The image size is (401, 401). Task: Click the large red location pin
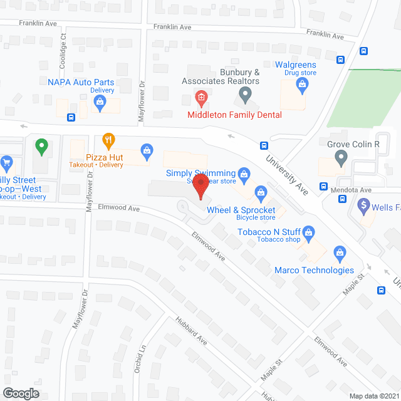pyautogui.click(x=200, y=186)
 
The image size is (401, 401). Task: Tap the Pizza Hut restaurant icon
pyautogui.click(x=109, y=139)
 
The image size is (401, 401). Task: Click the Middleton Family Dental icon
pyautogui.click(x=200, y=97)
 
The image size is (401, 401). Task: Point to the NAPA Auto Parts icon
pyautogui.click(x=99, y=105)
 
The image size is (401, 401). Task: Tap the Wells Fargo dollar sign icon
pyautogui.click(x=363, y=205)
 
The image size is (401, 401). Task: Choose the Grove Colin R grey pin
pyautogui.click(x=341, y=159)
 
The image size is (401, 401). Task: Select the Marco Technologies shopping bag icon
pyautogui.click(x=340, y=254)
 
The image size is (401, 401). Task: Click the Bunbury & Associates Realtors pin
pyautogui.click(x=245, y=96)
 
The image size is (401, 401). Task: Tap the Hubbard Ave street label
pyautogui.click(x=190, y=331)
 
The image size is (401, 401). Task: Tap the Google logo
pyautogui.click(x=20, y=393)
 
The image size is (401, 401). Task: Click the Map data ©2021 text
pyautogui.click(x=373, y=396)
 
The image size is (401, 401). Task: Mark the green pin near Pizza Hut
pyautogui.click(x=42, y=148)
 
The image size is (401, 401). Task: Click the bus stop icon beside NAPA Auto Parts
pyautogui.click(x=71, y=117)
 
